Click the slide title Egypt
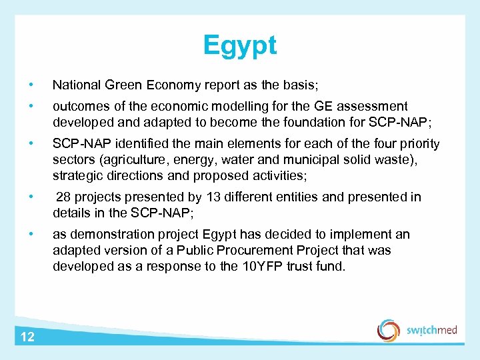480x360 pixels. point(240,46)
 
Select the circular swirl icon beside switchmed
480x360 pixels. point(389,330)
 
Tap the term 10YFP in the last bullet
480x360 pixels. point(257,267)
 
